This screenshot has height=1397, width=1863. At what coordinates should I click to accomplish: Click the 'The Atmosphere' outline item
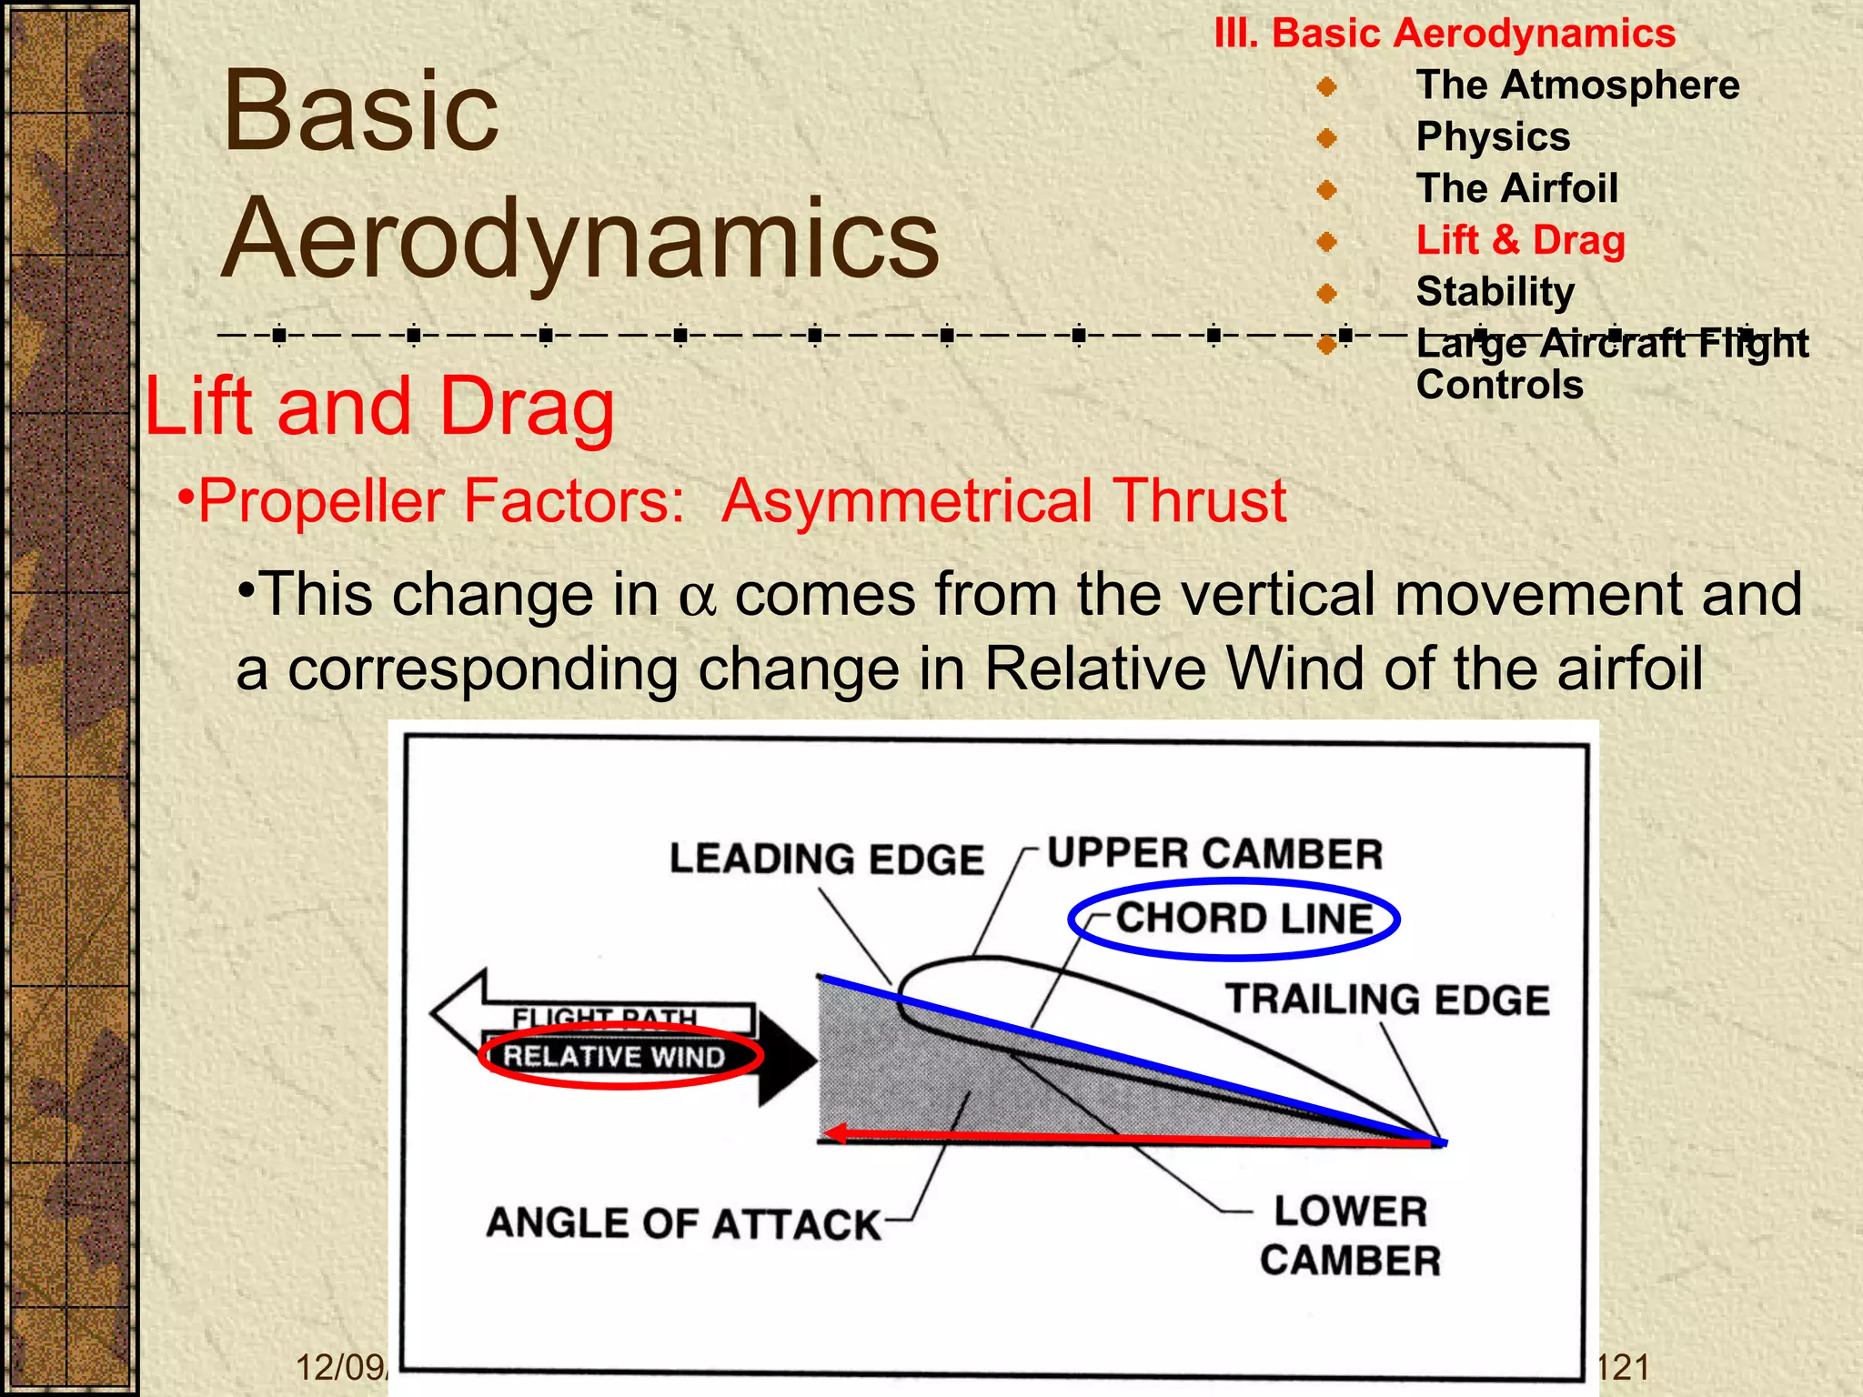[x=1576, y=85]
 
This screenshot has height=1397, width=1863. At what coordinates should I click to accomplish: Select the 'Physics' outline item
[x=1493, y=137]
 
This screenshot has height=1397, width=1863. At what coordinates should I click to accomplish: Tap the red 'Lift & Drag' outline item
[x=1520, y=240]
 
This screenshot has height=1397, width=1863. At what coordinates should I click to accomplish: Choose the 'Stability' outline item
[x=1495, y=292]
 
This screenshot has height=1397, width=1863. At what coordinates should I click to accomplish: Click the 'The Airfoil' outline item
[x=1516, y=189]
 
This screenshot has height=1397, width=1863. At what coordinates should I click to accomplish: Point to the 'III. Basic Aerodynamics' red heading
[x=1444, y=34]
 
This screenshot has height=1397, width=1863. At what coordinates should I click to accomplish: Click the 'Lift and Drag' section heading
[x=379, y=407]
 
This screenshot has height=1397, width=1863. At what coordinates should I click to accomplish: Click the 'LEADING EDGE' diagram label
[x=826, y=859]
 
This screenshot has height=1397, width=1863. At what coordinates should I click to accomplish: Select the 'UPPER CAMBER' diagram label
[x=1213, y=854]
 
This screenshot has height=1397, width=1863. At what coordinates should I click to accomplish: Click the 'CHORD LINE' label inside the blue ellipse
[x=1244, y=919]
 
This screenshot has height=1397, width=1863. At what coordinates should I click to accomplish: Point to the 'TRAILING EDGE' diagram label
[x=1386, y=1000]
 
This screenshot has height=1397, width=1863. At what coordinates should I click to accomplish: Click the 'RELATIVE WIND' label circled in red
[x=614, y=1057]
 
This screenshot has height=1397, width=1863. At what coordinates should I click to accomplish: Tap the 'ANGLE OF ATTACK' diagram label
[x=683, y=1224]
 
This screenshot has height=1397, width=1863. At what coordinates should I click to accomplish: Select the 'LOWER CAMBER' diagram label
[x=1350, y=1236]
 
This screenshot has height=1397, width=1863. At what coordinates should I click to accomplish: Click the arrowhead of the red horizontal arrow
[x=835, y=1133]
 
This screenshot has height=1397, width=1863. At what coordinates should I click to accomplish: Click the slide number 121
[x=1623, y=1367]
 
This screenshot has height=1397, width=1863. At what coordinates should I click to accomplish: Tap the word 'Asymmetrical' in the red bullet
[x=908, y=501]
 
